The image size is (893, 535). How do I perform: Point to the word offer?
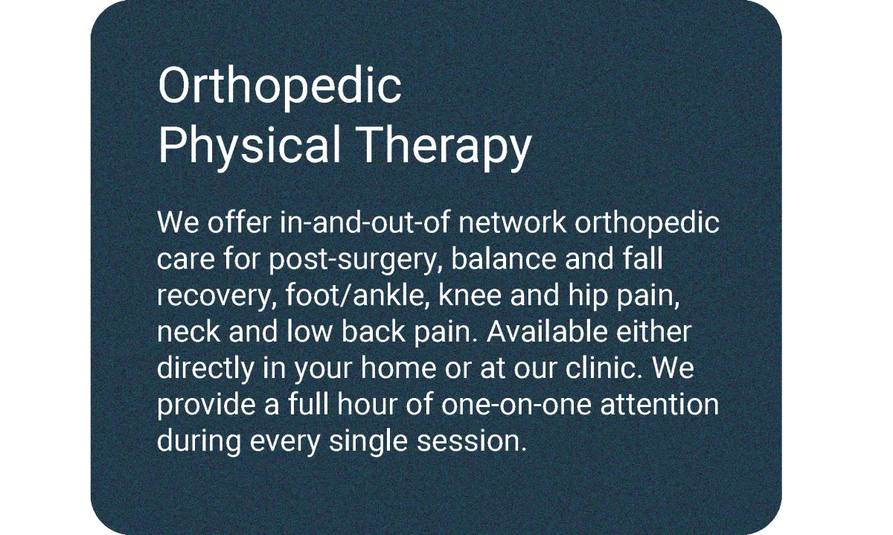click(239, 222)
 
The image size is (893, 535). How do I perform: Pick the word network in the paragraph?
click(512, 222)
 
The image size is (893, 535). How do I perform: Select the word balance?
click(504, 259)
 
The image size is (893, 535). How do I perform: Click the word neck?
click(188, 332)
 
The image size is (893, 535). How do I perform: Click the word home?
click(399, 368)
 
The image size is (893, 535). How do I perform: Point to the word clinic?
click(601, 368)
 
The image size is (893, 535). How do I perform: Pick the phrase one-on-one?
click(516, 405)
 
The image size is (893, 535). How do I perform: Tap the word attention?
click(659, 404)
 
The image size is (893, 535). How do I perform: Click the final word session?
click(471, 441)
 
